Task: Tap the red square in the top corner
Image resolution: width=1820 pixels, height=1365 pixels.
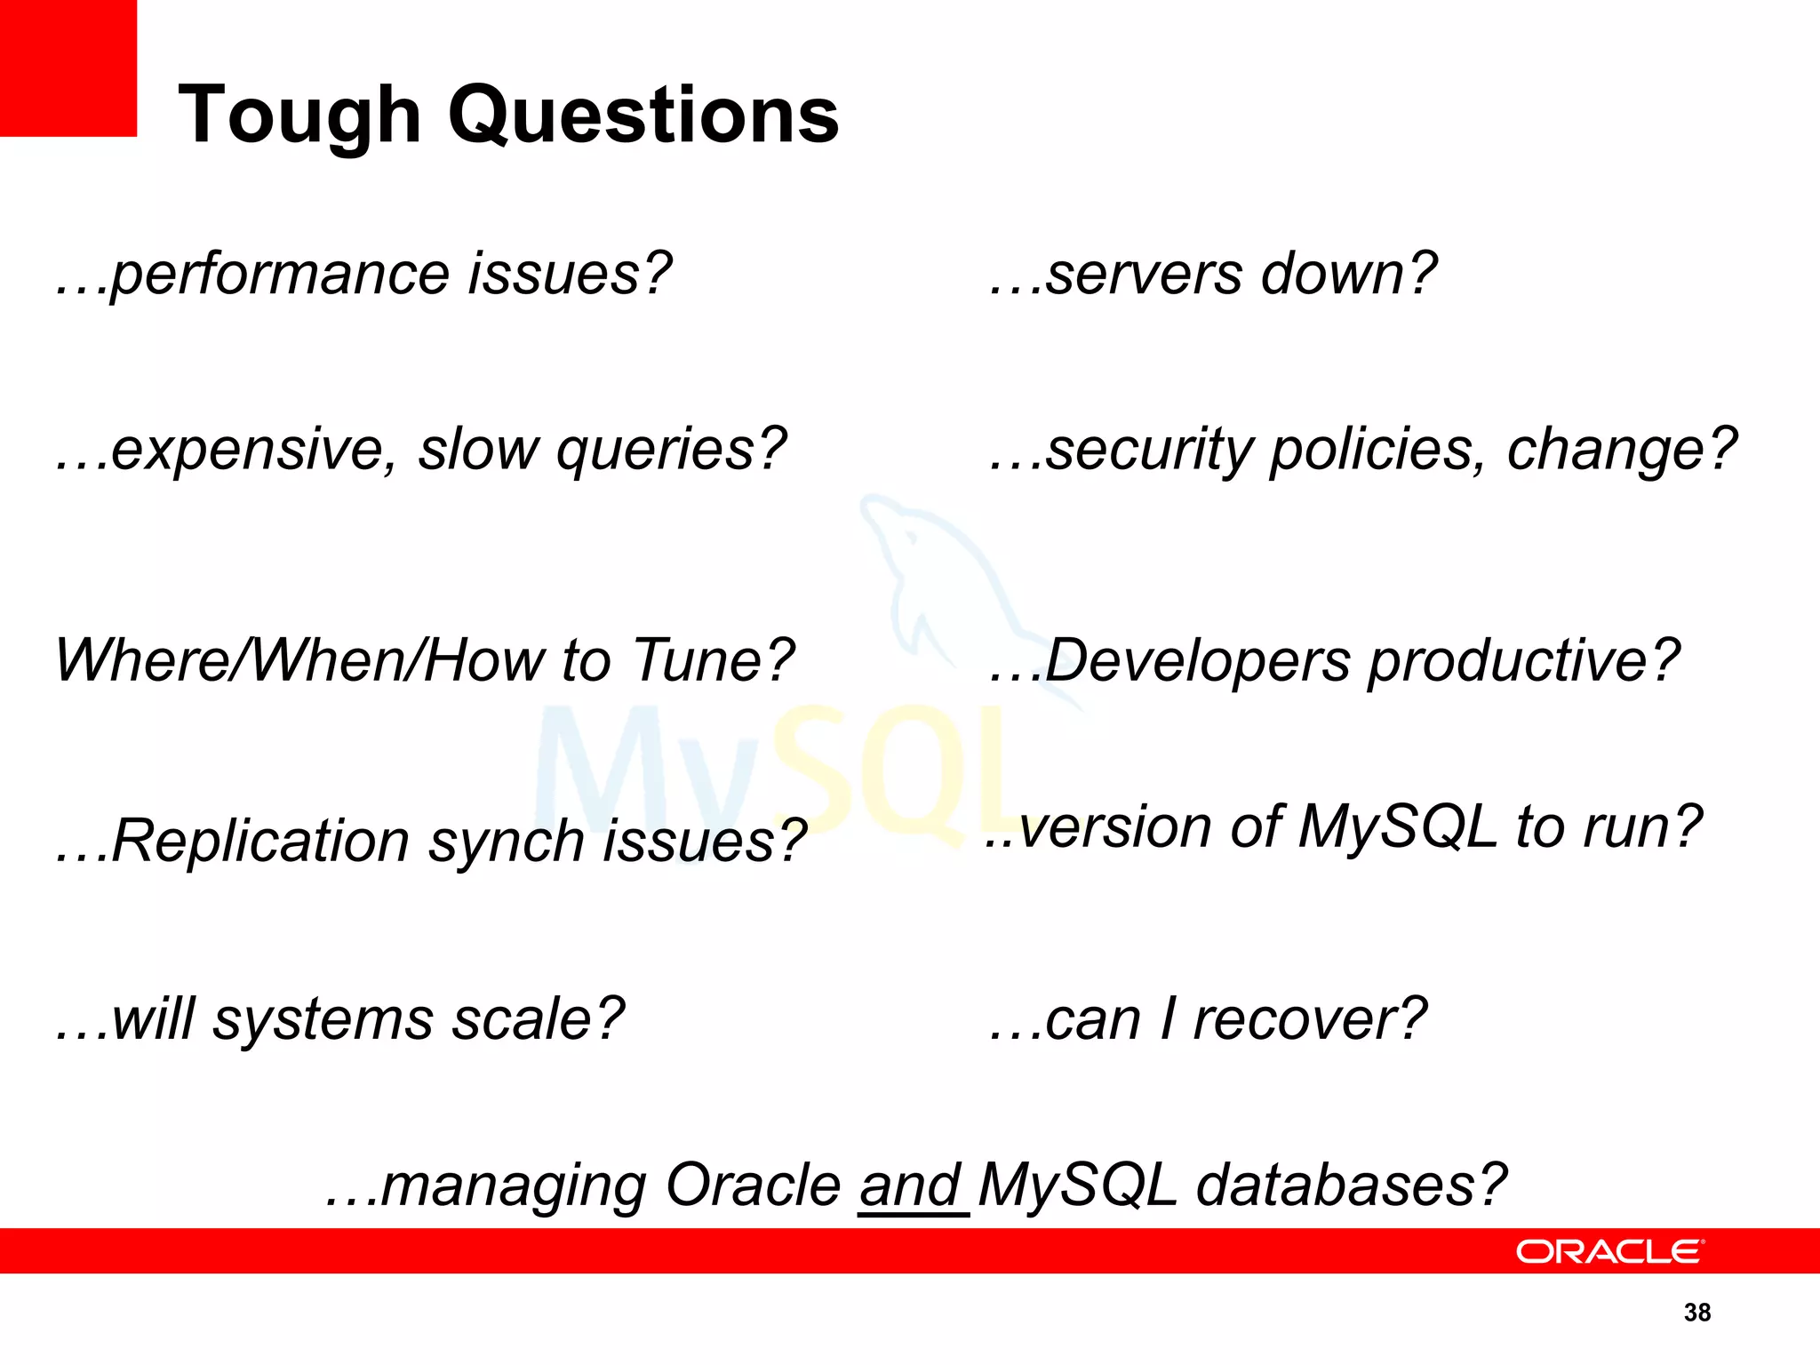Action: pyautogui.click(x=68, y=68)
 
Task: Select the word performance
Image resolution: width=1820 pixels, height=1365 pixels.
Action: pyautogui.click(x=281, y=275)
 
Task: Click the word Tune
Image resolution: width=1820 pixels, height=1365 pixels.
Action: pyautogui.click(x=712, y=660)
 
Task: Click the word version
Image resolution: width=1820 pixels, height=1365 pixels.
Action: pyautogui.click(x=1115, y=827)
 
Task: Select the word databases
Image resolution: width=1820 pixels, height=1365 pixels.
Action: pyautogui.click(x=1351, y=1186)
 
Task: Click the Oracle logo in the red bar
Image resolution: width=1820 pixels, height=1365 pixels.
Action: pyautogui.click(x=1609, y=1251)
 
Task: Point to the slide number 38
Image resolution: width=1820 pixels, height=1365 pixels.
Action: pyautogui.click(x=1697, y=1313)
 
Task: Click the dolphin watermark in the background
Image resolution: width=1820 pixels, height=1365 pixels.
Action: pyautogui.click(x=942, y=578)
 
